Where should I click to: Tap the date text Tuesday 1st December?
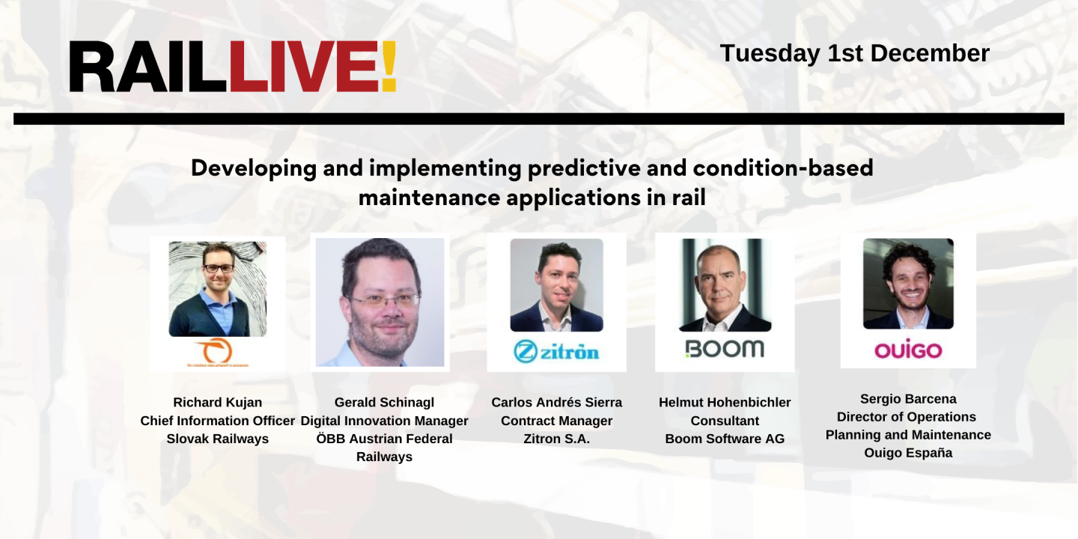854,53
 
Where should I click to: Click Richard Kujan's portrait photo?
218,288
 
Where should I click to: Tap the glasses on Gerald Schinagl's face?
383,301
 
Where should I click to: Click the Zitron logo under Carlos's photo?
556,350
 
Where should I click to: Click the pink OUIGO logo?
908,350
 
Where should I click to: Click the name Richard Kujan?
218,403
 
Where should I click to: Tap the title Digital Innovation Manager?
384,421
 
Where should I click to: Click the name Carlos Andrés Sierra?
556,403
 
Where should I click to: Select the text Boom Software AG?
725,439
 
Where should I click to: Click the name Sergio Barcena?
908,399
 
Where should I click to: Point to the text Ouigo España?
908,453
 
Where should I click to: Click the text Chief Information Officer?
218,421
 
